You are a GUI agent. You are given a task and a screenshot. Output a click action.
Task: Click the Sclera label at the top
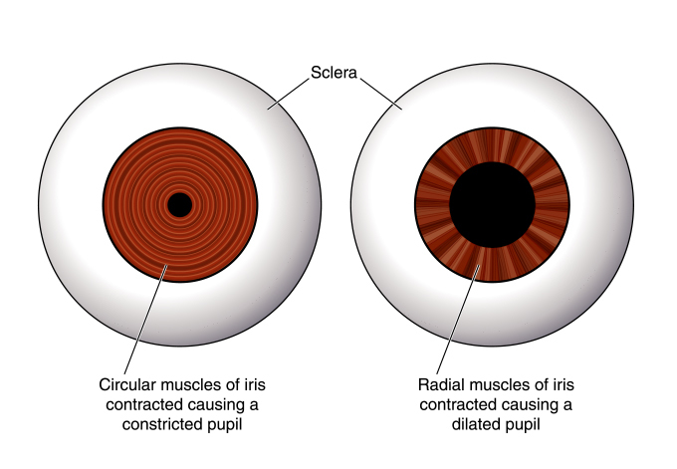point(333,74)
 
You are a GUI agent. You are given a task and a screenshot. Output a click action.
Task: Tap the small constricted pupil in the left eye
point(179,205)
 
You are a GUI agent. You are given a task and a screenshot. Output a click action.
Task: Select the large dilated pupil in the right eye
point(491,205)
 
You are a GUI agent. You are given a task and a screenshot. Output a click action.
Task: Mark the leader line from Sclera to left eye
point(284,93)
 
